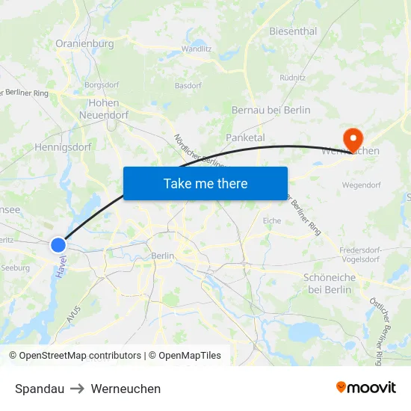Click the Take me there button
[205, 183]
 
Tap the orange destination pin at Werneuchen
[352, 138]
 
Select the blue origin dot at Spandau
[58, 244]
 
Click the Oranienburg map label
[84, 43]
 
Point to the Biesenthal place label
[293, 31]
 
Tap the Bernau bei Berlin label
[271, 110]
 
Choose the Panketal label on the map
[245, 137]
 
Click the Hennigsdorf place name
[63, 147]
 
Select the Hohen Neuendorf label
[104, 109]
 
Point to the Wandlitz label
[197, 49]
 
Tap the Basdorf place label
[188, 85]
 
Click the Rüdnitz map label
[292, 77]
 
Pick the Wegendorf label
[361, 185]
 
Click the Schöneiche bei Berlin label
[329, 283]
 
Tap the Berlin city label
[162, 256]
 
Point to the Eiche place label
[272, 220]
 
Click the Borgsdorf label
[102, 85]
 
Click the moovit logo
[365, 388]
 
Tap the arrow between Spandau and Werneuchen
[78, 389]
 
